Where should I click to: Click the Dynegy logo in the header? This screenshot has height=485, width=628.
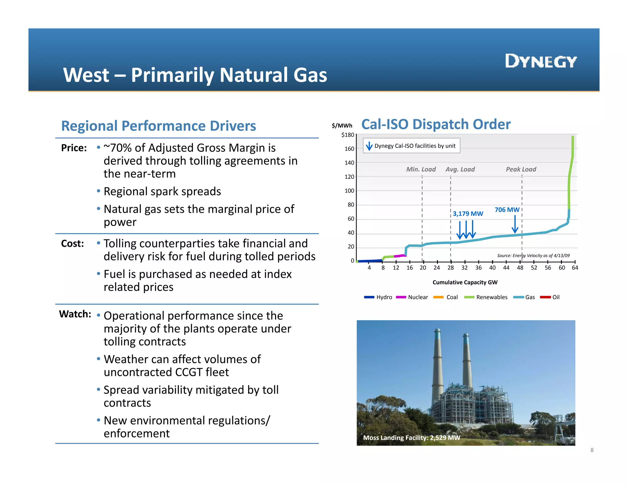coord(541,61)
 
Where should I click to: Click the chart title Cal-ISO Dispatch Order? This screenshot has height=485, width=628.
coord(436,124)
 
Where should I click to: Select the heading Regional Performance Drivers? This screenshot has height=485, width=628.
coord(159,126)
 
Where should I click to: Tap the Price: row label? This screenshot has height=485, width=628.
coord(74,148)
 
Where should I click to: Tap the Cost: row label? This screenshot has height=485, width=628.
coord(72,244)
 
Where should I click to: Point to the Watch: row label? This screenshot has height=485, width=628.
coord(75,314)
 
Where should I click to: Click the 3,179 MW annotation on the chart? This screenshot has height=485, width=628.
coord(468,214)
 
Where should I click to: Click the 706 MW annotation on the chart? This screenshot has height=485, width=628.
coord(507,210)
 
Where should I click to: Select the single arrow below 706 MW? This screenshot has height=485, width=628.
coord(515,224)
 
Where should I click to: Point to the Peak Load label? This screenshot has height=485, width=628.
coord(521,169)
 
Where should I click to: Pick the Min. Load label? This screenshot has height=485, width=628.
coord(421,169)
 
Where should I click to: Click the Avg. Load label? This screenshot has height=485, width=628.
coord(460,169)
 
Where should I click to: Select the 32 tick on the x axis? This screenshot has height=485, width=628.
coord(464,268)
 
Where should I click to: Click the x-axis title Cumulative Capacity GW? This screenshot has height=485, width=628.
coord(465,282)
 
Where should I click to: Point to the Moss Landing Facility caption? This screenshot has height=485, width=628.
coord(412,437)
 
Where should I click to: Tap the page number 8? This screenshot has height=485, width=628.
coord(592,450)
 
